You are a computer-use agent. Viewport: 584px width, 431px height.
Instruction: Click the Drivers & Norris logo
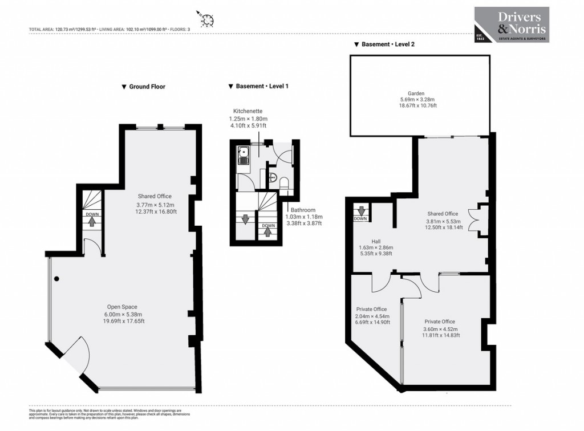point(512,24)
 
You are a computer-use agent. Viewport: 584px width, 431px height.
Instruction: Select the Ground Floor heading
point(143,87)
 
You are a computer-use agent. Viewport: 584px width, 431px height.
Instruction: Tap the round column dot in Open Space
point(56,279)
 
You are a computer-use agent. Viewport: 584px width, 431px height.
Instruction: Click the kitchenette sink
point(244,154)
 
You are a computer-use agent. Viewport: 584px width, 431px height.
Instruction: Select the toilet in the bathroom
point(283,181)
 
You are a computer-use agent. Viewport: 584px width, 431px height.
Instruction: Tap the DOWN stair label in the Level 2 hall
point(360,218)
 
